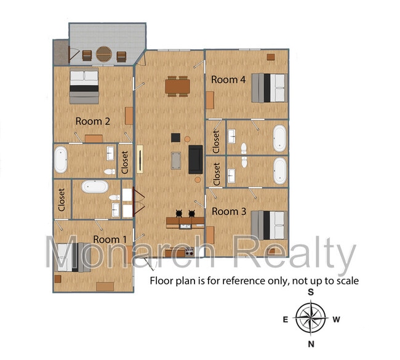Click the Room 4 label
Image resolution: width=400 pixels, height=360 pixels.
click(228, 79)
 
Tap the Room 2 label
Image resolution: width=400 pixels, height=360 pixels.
click(93, 121)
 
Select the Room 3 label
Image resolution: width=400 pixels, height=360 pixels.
click(229, 212)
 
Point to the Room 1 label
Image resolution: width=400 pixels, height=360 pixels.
click(110, 239)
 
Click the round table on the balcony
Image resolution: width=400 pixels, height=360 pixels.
click(104, 54)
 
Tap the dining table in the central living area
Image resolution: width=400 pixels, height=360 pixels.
click(178, 87)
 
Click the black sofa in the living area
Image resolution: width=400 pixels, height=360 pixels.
click(196, 159)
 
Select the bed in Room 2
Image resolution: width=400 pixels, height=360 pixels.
click(84, 86)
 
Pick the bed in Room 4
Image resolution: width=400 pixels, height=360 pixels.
click(270, 88)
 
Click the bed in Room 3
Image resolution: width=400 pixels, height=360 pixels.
click(270, 225)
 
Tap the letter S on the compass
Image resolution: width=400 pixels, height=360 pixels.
click(311, 292)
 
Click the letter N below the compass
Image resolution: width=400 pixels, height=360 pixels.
click(311, 344)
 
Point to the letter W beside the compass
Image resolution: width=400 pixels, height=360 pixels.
click(336, 319)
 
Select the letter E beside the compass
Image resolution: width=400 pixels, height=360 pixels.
click(286, 319)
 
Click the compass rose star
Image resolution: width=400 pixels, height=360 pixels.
click(311, 318)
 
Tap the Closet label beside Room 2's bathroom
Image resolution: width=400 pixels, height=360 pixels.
click(125, 162)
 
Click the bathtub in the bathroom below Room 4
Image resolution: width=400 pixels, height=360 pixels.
click(280, 138)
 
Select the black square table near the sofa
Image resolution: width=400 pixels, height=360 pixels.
click(175, 137)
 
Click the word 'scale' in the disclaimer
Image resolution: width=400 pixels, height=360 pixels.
click(348, 281)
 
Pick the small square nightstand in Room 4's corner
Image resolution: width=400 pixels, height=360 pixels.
click(271, 57)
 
